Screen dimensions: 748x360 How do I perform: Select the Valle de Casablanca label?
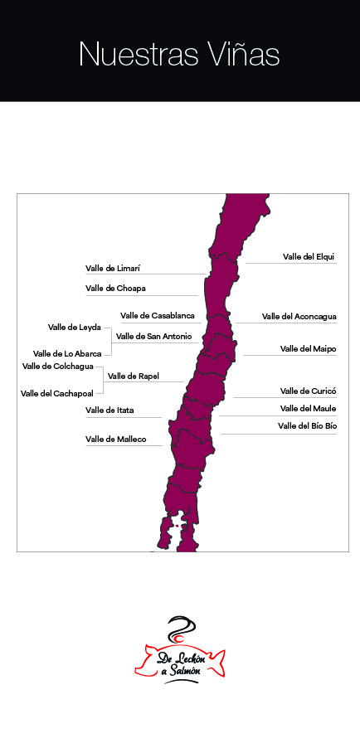[158, 315]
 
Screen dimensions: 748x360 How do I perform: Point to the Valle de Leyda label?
[75, 328]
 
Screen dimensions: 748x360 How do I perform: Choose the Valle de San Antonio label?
[154, 336]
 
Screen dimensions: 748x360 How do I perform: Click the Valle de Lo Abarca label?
[67, 353]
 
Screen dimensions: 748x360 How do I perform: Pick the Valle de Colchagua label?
[58, 366]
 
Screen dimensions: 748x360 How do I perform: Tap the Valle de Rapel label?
[134, 376]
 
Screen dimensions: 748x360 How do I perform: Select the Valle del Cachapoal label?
[57, 393]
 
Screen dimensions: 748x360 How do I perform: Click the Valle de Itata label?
[111, 410]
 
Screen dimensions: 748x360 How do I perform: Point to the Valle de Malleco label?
[114, 439]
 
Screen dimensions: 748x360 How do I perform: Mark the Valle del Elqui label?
[309, 257]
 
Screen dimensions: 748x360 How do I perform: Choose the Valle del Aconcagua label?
[299, 316]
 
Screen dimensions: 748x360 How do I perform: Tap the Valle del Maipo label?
[308, 349]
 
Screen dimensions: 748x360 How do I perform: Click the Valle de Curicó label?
[308, 391]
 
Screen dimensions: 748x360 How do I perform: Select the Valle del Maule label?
[308, 408]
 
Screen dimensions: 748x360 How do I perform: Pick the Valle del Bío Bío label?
[307, 425]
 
